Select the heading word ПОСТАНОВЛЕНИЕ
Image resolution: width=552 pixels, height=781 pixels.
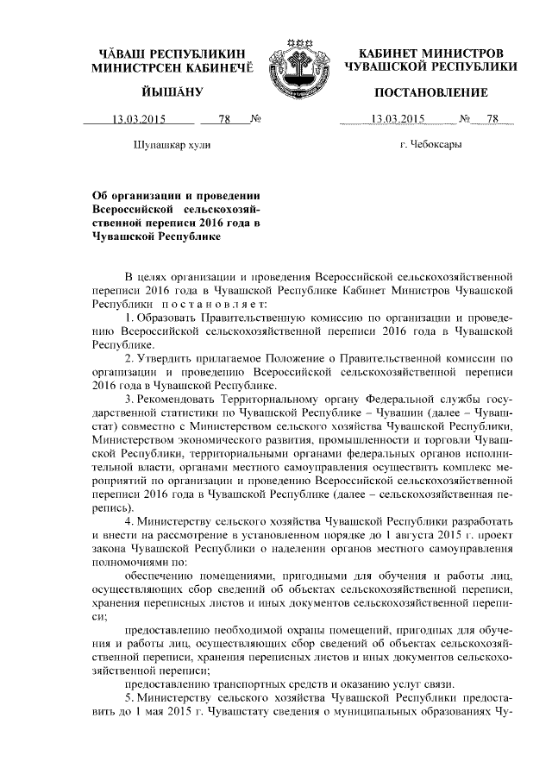[430, 92]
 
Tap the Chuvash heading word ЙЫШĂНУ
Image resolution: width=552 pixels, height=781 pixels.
[172, 92]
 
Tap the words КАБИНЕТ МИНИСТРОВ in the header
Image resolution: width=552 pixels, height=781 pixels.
[430, 53]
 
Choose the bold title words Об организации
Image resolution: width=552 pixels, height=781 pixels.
[137, 196]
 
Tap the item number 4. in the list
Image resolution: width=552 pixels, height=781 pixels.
[129, 523]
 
